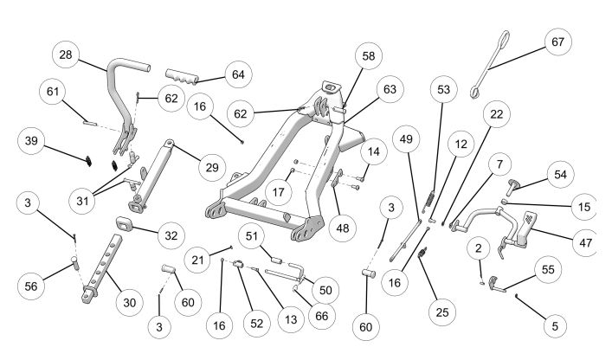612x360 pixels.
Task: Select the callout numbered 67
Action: coord(558,42)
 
